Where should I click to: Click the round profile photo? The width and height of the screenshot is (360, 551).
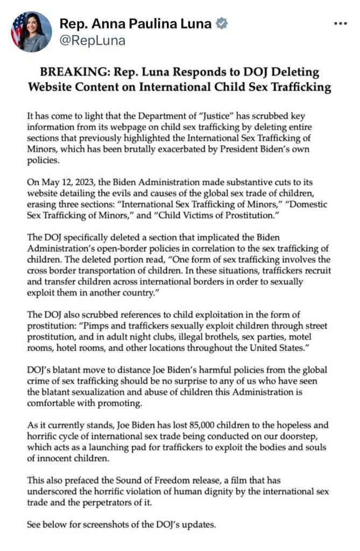point(32,32)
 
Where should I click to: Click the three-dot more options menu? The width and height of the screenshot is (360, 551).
point(341,24)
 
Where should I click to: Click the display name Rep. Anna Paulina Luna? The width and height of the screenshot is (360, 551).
point(136,24)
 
